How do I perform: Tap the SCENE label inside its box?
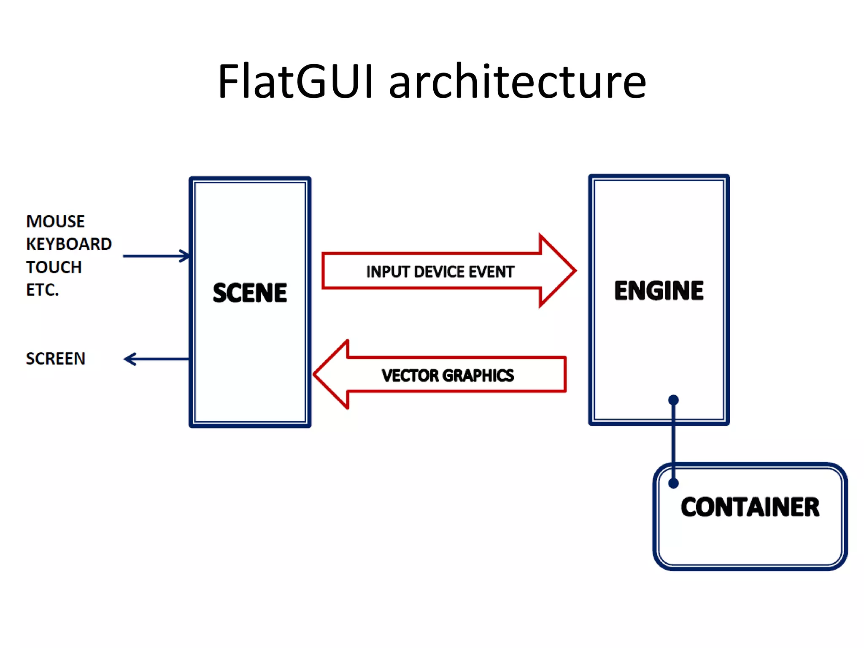coord(250,293)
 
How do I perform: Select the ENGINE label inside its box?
coord(659,291)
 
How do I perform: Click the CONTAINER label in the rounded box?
coord(750,507)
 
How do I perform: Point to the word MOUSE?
coord(55,221)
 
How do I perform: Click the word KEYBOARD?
coord(69,244)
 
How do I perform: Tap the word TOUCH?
coord(54,267)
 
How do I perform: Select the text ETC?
coord(42,290)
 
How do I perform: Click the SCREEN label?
coord(55,359)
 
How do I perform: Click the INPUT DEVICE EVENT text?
coord(440,272)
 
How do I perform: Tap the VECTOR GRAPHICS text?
coord(448,375)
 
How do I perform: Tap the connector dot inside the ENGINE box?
coord(673,400)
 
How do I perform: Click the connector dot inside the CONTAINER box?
coord(673,483)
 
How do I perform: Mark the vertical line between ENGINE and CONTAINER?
coord(673,443)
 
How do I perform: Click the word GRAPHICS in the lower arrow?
coord(478,375)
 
